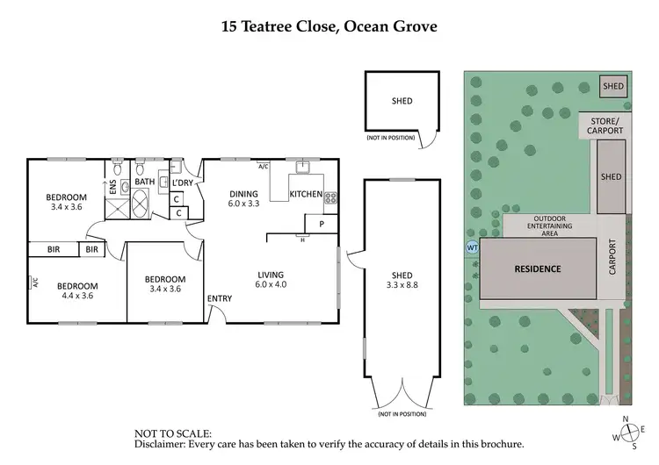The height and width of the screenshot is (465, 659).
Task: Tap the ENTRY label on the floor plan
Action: (x=220, y=299)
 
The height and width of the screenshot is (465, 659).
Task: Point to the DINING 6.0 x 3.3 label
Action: (x=243, y=198)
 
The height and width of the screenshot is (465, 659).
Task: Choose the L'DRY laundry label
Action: (x=182, y=182)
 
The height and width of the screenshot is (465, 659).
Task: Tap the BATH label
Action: (x=144, y=182)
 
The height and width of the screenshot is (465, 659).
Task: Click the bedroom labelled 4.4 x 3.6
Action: (x=78, y=291)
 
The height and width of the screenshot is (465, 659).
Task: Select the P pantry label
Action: (x=322, y=224)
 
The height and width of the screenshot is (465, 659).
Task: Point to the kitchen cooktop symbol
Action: (x=331, y=197)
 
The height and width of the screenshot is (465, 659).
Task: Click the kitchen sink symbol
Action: (x=304, y=166)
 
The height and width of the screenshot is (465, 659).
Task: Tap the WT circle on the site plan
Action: (x=471, y=247)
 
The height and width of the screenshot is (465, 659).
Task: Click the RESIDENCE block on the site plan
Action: (x=537, y=269)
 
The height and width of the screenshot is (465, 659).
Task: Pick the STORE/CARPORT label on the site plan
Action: (x=606, y=125)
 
